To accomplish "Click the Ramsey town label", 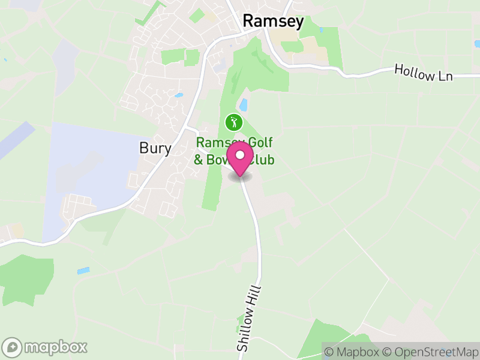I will (273, 22).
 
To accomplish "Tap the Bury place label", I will (155, 148).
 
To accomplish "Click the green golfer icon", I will (233, 123).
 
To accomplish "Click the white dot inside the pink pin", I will (241, 155).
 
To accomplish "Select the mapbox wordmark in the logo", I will (56, 347).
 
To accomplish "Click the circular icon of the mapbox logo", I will (13, 347).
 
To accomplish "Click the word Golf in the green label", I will (261, 143).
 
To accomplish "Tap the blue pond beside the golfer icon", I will (244, 105).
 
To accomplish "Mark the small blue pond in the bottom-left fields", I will (83, 271).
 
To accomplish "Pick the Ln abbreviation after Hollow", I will (445, 75).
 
